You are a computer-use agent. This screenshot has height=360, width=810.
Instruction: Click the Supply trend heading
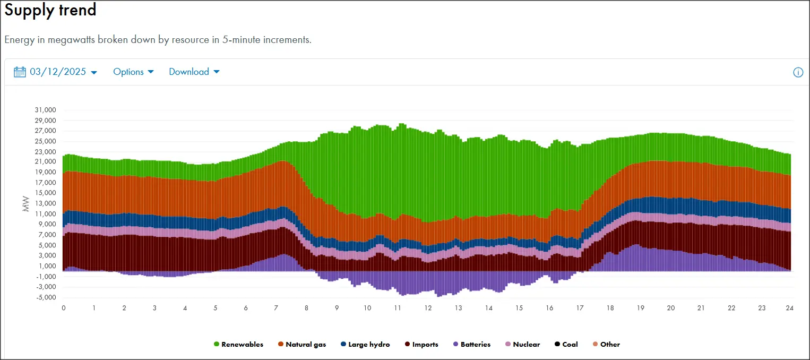click(50, 10)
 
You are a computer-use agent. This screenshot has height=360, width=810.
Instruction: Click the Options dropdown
click(133, 72)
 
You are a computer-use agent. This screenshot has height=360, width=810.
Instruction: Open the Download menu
click(194, 72)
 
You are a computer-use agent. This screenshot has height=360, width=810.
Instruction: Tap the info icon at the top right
click(798, 73)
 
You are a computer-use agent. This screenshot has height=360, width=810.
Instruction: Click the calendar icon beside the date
click(20, 72)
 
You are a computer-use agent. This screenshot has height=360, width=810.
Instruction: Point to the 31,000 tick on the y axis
click(45, 110)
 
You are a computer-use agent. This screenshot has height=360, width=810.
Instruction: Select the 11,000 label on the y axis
click(45, 214)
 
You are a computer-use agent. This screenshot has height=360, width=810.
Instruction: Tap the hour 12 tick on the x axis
click(427, 308)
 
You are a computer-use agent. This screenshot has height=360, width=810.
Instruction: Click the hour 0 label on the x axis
click(64, 308)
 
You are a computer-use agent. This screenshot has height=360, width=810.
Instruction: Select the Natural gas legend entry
click(301, 345)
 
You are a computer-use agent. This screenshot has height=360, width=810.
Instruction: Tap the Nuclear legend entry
click(522, 345)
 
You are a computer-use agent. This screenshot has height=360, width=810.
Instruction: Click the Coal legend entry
click(566, 345)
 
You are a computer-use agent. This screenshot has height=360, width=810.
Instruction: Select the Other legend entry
click(606, 345)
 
